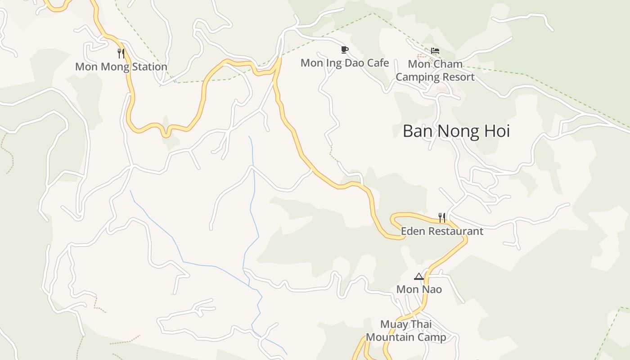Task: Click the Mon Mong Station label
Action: (x=121, y=67)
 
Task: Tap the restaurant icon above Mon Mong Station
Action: (x=121, y=54)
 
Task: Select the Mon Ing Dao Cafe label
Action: (x=344, y=63)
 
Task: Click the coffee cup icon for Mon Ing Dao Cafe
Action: (x=344, y=49)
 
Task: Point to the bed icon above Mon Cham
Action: (x=435, y=51)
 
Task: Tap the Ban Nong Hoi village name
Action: (x=456, y=131)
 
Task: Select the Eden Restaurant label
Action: (x=442, y=231)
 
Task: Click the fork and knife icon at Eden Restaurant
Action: (x=442, y=218)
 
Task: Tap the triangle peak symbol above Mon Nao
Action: (x=419, y=276)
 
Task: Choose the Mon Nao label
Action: (x=419, y=289)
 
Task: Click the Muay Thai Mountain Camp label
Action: (x=406, y=331)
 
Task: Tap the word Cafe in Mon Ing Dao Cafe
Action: (x=378, y=63)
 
